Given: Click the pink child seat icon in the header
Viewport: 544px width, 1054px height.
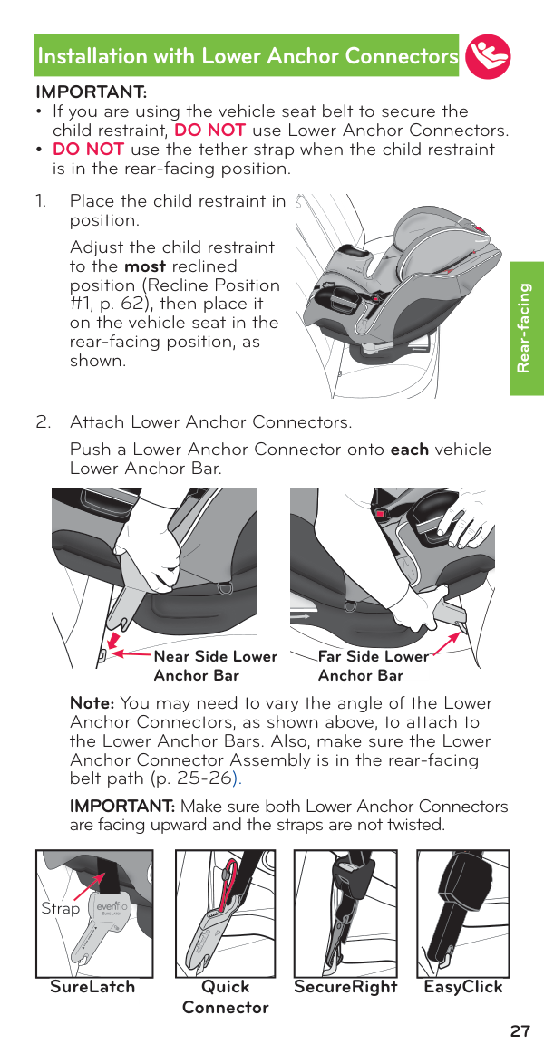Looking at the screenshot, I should coord(487,56).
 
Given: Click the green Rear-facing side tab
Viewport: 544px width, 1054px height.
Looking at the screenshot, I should coord(526,328).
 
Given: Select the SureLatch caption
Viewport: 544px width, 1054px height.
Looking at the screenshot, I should coord(92,987).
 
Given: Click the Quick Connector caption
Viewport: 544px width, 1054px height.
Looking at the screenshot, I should coord(225,997).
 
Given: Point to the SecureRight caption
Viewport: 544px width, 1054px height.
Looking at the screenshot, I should coord(345,987).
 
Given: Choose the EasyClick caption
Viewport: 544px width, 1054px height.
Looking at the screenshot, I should coord(463,987).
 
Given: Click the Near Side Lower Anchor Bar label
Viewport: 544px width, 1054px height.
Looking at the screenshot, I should coord(215,665).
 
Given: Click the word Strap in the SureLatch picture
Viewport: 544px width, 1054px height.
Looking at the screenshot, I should coord(61,907).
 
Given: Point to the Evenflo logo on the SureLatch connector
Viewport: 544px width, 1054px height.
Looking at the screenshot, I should coord(112,908).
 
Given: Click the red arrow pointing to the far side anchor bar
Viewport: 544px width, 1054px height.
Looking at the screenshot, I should coord(444,641).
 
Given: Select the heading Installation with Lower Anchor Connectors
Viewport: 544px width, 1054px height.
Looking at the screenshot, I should coord(248,56).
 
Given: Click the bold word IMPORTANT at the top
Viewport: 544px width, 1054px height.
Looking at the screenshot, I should coord(91,92).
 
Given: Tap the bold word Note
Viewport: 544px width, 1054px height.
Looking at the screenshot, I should coord(91,703).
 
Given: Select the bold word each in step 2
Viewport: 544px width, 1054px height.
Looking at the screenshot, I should coord(409,450).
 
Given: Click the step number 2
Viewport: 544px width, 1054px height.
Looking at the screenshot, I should coord(42,422).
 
